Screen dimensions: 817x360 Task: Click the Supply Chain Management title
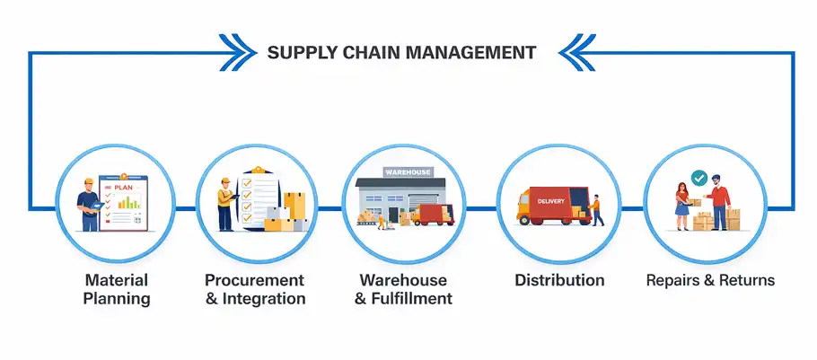[x=401, y=53]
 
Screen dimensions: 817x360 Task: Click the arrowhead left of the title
[x=238, y=52]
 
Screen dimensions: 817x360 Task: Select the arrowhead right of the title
[x=577, y=52]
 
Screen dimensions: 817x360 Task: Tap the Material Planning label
[x=117, y=289]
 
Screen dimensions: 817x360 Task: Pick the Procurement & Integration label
[x=255, y=289]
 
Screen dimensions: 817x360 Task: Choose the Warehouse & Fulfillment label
[x=403, y=289]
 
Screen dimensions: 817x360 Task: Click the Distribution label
[x=559, y=280]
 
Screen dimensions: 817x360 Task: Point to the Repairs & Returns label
[x=710, y=280]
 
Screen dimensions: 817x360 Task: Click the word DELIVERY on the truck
[x=550, y=201]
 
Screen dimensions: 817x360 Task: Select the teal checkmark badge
[x=698, y=178]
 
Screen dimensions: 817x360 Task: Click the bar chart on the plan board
[x=129, y=202]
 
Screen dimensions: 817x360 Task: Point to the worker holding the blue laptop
[x=90, y=204]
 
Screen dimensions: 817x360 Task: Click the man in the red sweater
[x=718, y=202]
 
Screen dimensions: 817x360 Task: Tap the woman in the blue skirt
[x=681, y=206]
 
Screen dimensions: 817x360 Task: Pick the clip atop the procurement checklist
[x=257, y=171]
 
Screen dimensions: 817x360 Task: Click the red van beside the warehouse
[x=433, y=215]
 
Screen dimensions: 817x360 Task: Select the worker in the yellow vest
[x=225, y=204]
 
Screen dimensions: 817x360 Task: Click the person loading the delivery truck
[x=597, y=210]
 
